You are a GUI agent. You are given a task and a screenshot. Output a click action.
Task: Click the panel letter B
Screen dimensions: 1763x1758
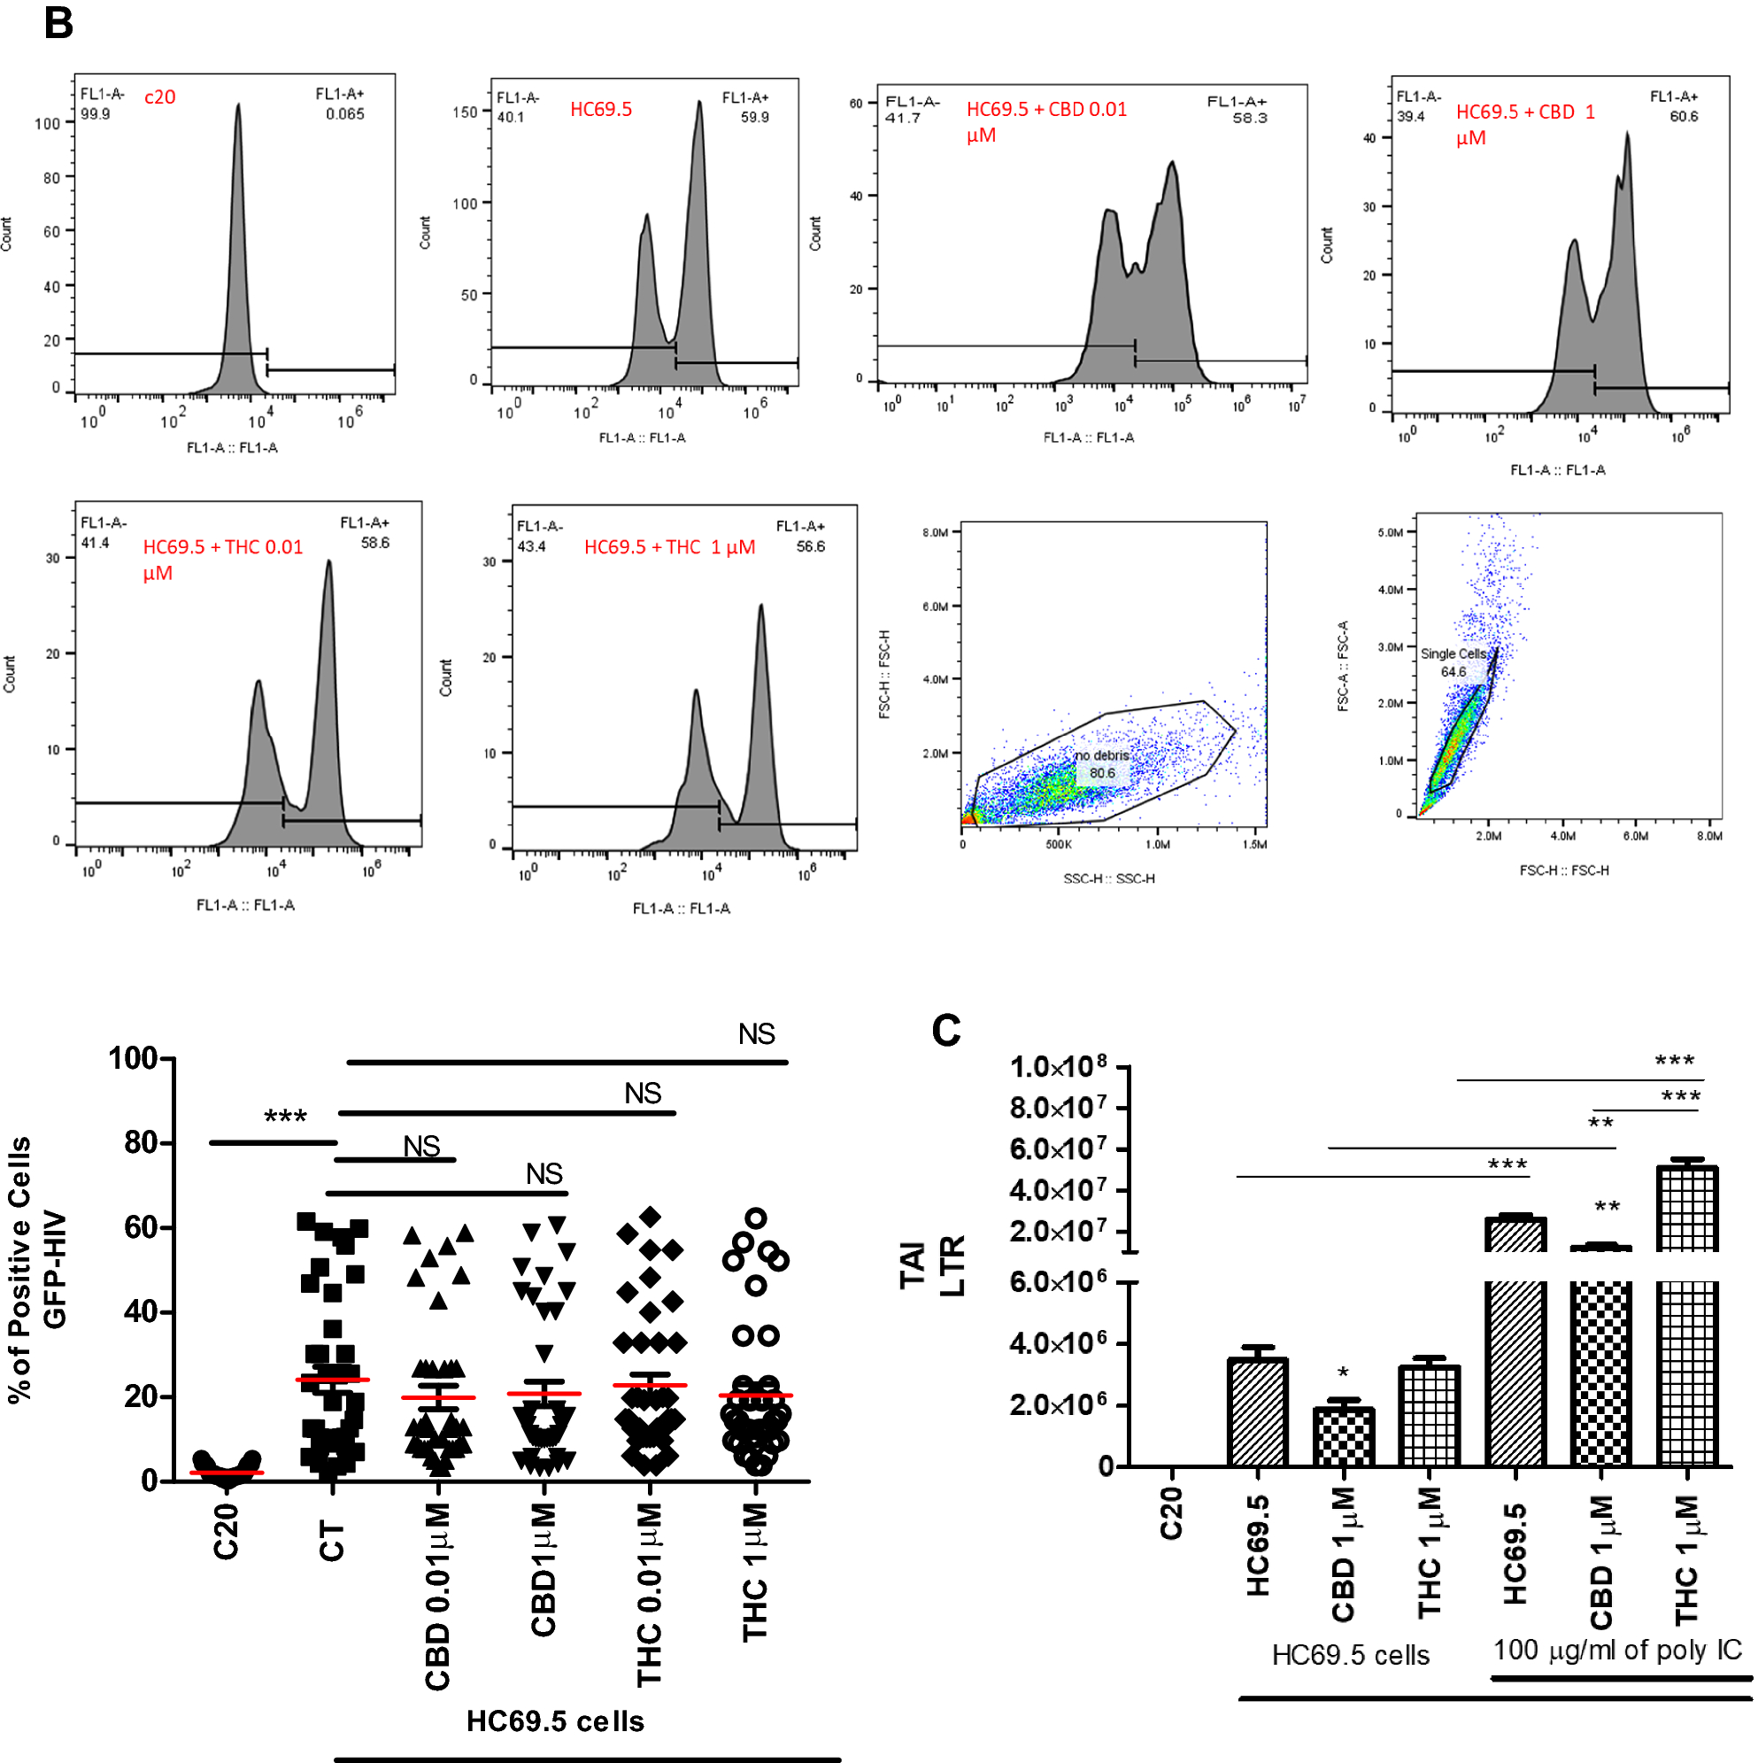click(x=58, y=23)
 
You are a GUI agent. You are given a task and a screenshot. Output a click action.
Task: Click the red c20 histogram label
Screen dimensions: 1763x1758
click(x=159, y=97)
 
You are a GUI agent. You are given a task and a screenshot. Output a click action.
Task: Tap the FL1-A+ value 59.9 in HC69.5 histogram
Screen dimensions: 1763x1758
click(x=754, y=117)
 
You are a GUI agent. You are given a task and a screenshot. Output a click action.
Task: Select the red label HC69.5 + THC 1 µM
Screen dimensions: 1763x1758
click(x=669, y=547)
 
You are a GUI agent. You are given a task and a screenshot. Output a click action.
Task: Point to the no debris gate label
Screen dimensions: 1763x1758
click(x=1101, y=755)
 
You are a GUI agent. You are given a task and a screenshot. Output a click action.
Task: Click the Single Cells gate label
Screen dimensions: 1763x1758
click(x=1453, y=654)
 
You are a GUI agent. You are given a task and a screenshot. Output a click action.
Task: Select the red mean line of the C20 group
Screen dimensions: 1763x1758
click(x=227, y=1473)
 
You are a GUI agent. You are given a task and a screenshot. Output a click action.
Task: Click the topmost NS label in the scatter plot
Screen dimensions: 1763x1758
click(x=756, y=1035)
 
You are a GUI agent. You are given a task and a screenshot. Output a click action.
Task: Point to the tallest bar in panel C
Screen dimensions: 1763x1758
click(x=1687, y=1314)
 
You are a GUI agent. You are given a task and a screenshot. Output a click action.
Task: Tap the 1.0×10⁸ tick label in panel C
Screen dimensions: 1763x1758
click(x=1059, y=1067)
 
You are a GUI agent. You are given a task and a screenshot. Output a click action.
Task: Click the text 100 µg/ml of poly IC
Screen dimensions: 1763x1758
click(x=1616, y=1650)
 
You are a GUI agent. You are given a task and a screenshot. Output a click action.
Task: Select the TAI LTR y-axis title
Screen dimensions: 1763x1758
click(x=930, y=1265)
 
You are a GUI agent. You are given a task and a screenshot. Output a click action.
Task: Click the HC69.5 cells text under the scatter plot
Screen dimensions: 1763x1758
click(x=555, y=1721)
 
